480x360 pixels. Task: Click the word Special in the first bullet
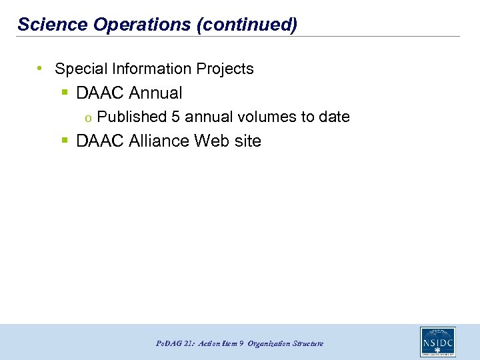pyautogui.click(x=79, y=69)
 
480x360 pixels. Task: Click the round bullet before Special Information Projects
pyautogui.click(x=41, y=69)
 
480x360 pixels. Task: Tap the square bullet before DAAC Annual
pyautogui.click(x=65, y=93)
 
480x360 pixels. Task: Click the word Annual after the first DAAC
pyautogui.click(x=157, y=93)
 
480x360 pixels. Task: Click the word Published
pyautogui.click(x=131, y=117)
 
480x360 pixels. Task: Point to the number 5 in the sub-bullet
pyautogui.click(x=175, y=117)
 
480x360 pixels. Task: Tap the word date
pyautogui.click(x=334, y=117)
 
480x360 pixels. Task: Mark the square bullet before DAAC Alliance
pyautogui.click(x=65, y=141)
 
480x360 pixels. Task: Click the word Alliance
pyautogui.click(x=157, y=141)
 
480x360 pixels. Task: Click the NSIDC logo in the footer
pyautogui.click(x=438, y=342)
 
